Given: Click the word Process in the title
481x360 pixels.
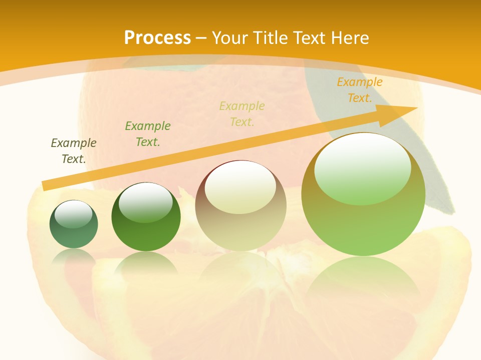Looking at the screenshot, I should click(x=157, y=38).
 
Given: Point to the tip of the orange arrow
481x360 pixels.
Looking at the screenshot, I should click(x=416, y=107).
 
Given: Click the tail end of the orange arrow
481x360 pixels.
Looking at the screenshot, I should click(x=44, y=186).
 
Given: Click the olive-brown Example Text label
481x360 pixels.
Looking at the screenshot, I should click(x=74, y=150).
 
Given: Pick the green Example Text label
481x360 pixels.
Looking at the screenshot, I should click(x=148, y=133).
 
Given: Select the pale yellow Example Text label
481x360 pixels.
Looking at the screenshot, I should click(x=242, y=113).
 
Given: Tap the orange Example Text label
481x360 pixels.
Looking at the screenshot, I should click(x=360, y=89).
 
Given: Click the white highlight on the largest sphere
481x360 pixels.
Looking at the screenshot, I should click(x=362, y=167).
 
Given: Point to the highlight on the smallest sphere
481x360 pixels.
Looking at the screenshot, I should click(x=73, y=214).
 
